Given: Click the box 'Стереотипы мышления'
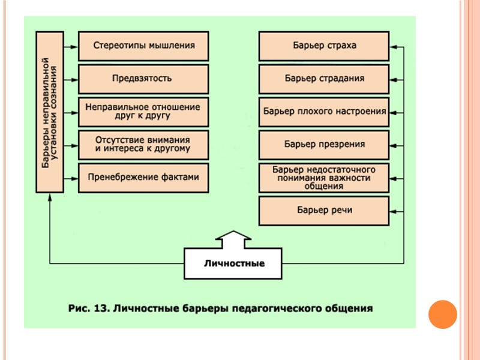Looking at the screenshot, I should [144, 46].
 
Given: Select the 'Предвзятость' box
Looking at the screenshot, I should [144, 78].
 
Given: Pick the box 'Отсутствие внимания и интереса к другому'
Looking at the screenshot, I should [144, 144].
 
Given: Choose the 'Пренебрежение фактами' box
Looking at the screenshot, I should [144, 177].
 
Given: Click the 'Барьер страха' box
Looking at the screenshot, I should [325, 46].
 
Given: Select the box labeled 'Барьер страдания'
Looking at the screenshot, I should [325, 78].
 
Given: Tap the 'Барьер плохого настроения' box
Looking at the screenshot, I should [325, 111].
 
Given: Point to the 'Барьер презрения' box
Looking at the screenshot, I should [325, 144].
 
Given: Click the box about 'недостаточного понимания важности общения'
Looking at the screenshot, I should [325, 178].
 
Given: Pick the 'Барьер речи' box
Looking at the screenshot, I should [325, 211].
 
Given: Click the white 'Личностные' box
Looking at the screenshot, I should [233, 263].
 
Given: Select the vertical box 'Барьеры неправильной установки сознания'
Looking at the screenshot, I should [50, 112].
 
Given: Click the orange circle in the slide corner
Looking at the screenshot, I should [443, 314].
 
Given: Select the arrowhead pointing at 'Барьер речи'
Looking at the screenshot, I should [394, 211].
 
